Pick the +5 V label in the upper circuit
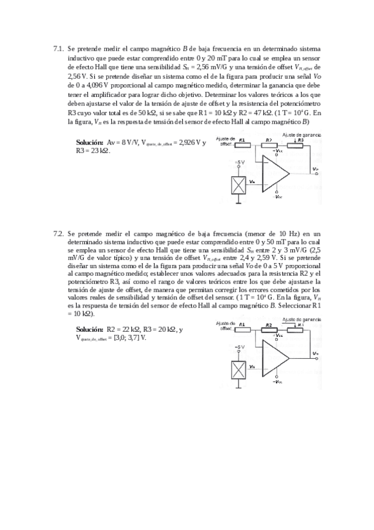tap(239, 162)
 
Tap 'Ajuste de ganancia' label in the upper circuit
tap(302, 134)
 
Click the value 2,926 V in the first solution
tap(192, 142)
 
